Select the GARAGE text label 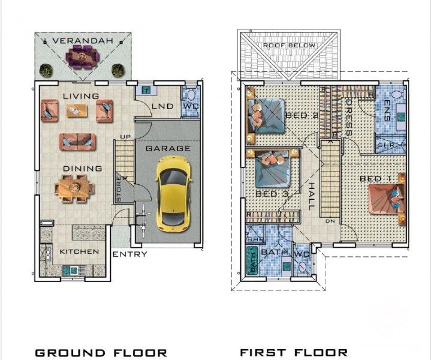[x=168, y=148]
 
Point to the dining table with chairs [x=75, y=188]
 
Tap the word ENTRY [x=130, y=254]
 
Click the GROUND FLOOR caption [x=101, y=352]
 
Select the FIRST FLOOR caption [x=294, y=352]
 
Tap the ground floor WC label [x=191, y=106]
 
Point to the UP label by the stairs [x=125, y=137]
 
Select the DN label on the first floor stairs [x=330, y=221]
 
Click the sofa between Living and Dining [x=77, y=142]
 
